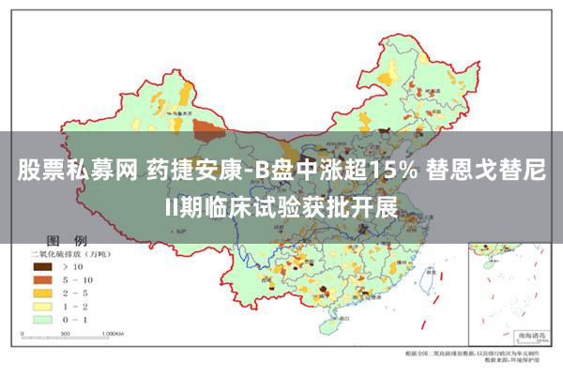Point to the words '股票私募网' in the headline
pos(77,171)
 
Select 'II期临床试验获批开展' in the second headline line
pos(281,206)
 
